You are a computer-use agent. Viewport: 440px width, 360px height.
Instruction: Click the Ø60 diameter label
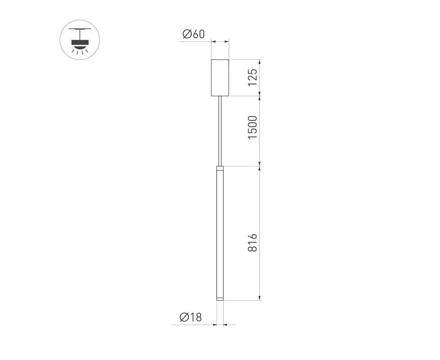tap(193, 34)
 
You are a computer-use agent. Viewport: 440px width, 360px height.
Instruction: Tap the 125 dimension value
tap(252, 78)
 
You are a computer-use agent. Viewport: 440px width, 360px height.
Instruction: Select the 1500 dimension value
tap(252, 127)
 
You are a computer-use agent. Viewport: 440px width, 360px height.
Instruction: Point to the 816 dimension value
tap(252, 243)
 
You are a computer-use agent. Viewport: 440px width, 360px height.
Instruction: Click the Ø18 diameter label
tap(191, 317)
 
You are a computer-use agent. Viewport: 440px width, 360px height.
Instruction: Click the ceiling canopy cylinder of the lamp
tap(220, 78)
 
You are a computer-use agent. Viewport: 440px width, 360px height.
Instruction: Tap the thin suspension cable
tap(220, 131)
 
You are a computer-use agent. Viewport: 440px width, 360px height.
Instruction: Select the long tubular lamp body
tap(220, 233)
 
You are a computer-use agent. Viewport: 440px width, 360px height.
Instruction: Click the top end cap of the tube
tap(220, 168)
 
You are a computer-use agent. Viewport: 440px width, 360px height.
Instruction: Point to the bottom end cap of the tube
tap(220, 298)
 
